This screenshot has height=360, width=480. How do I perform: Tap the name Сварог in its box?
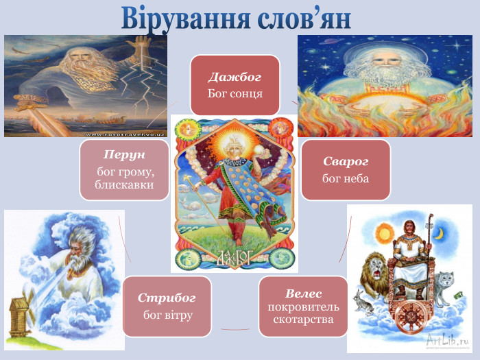pos(346,162)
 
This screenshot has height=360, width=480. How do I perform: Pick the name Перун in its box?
pos(125,155)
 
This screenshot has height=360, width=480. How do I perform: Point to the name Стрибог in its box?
pos(167,298)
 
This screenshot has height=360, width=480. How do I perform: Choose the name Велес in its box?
pos(304,293)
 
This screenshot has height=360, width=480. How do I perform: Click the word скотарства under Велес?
pos(304,320)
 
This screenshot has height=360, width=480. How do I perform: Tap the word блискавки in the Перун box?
pos(123,184)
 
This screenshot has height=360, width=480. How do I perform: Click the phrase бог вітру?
pos(167,315)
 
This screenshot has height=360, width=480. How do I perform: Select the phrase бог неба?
pos(346,178)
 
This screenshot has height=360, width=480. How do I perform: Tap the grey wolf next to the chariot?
pos(444,280)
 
